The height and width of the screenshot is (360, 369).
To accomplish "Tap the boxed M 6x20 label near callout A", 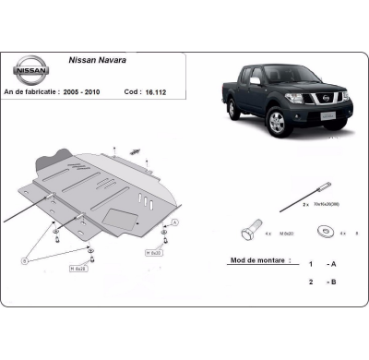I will pos(153,252).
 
